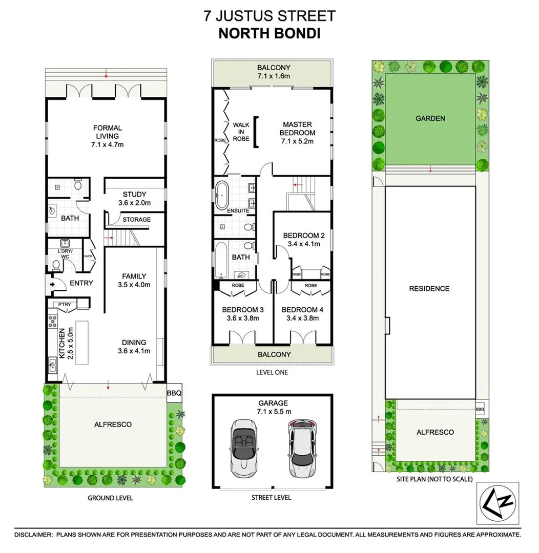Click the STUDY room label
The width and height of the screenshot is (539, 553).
click(x=135, y=194)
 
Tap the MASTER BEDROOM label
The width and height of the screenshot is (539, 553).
click(x=297, y=129)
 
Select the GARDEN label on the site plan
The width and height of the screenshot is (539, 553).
click(x=430, y=118)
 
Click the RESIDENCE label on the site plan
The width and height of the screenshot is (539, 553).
click(x=429, y=288)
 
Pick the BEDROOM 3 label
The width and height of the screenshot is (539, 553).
click(x=243, y=310)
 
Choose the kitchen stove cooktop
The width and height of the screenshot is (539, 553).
click(x=52, y=321)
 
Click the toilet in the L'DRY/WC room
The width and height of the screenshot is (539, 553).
click(x=56, y=265)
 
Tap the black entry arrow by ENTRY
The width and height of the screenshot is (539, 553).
click(x=52, y=283)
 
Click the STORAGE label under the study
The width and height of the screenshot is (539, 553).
click(x=136, y=220)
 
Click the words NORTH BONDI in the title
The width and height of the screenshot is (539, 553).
click(x=269, y=34)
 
